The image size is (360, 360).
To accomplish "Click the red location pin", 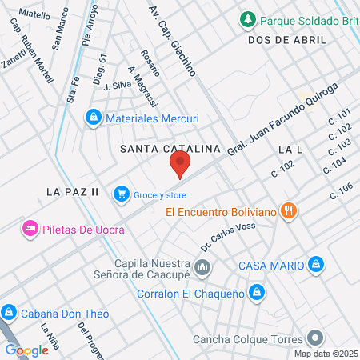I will pyautogui.click(x=180, y=165).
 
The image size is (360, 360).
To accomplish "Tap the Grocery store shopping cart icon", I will pyautogui.click(x=122, y=194).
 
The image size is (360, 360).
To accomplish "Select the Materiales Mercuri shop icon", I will pyautogui.click(x=94, y=118).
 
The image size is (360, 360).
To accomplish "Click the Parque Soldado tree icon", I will pyautogui.click(x=249, y=19).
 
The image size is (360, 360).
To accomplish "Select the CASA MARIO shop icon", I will pyautogui.click(x=317, y=265).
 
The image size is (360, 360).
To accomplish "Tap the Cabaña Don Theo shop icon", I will pyautogui.click(x=10, y=313).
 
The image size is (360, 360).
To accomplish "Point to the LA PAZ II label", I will pyautogui.click(x=72, y=192).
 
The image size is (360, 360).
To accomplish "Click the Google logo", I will pyautogui.click(x=26, y=350).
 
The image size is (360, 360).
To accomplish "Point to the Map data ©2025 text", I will pyautogui.click(x=324, y=354).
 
